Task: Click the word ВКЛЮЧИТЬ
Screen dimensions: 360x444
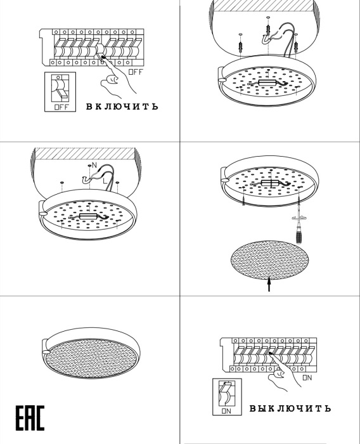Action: pyautogui.click(x=122, y=107)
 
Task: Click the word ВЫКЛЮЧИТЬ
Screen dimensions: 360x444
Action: pyautogui.click(x=290, y=408)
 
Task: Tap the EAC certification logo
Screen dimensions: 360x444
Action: pyautogui.click(x=30, y=418)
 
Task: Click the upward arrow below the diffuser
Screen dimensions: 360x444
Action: pyautogui.click(x=269, y=284)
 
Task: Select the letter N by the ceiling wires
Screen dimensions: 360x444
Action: pyautogui.click(x=94, y=165)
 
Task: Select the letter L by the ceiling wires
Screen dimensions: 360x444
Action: pyautogui.click(x=105, y=180)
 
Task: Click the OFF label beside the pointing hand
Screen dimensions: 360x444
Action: pyautogui.click(x=136, y=72)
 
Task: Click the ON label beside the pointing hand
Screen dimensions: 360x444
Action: pyautogui.click(x=307, y=378)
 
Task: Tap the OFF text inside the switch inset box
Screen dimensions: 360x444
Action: pyautogui.click(x=61, y=107)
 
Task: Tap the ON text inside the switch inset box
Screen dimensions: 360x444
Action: pyautogui.click(x=226, y=411)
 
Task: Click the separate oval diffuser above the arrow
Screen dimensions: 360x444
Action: pyautogui.click(x=270, y=260)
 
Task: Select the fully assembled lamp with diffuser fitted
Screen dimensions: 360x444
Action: pyautogui.click(x=91, y=353)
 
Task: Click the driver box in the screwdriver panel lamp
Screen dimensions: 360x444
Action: pyautogui.click(x=270, y=183)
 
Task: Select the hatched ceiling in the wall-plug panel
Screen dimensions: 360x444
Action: pyautogui.click(x=263, y=5)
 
